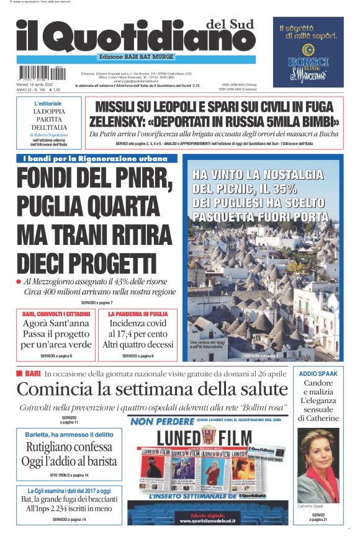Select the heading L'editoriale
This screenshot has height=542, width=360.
tap(48, 103)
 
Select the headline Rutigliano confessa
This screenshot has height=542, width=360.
tap(68, 447)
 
